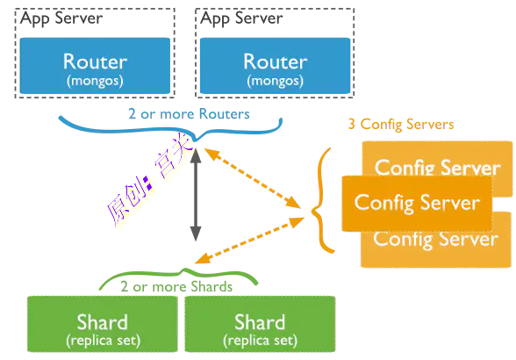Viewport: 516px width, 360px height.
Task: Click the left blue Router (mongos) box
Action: [x=95, y=66]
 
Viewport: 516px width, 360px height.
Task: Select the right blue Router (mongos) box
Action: [x=276, y=66]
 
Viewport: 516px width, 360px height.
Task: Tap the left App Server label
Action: [x=61, y=18]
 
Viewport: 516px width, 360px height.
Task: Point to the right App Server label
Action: [x=241, y=18]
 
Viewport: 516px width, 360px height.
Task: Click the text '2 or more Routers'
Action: [x=189, y=114]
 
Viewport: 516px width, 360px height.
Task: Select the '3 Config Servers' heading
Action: [x=401, y=125]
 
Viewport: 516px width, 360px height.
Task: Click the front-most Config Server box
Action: [x=417, y=203]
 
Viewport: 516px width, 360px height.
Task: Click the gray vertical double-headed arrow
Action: [x=196, y=195]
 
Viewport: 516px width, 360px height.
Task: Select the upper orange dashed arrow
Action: [x=253, y=178]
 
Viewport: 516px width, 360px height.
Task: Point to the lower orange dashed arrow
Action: [x=249, y=241]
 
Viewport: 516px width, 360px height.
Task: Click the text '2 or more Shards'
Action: [x=176, y=287]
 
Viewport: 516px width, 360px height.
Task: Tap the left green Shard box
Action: [x=103, y=324]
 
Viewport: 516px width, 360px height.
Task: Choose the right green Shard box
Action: [x=260, y=324]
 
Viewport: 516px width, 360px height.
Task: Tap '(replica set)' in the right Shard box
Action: [x=260, y=341]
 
